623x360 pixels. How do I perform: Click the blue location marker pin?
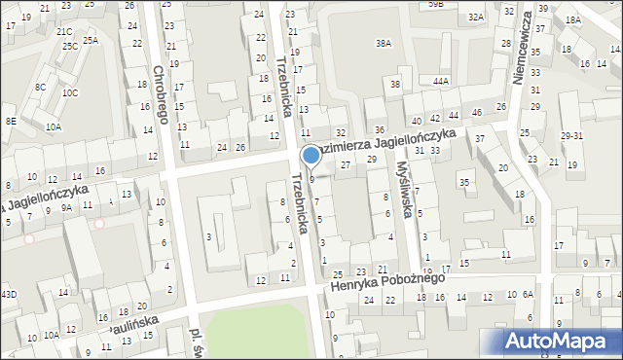click(311, 156)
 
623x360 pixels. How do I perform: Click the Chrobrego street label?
click(161, 94)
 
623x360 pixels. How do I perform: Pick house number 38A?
click(384, 44)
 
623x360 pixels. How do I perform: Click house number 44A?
click(441, 81)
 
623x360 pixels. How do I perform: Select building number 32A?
click(475, 18)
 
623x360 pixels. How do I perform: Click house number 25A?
click(91, 40)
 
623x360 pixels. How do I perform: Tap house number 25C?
click(68, 46)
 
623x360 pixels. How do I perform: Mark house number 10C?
click(70, 93)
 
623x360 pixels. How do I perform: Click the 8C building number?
click(40, 87)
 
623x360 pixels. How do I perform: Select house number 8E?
click(11, 121)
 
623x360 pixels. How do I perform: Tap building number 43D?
click(9, 294)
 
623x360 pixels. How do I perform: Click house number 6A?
click(528, 294)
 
